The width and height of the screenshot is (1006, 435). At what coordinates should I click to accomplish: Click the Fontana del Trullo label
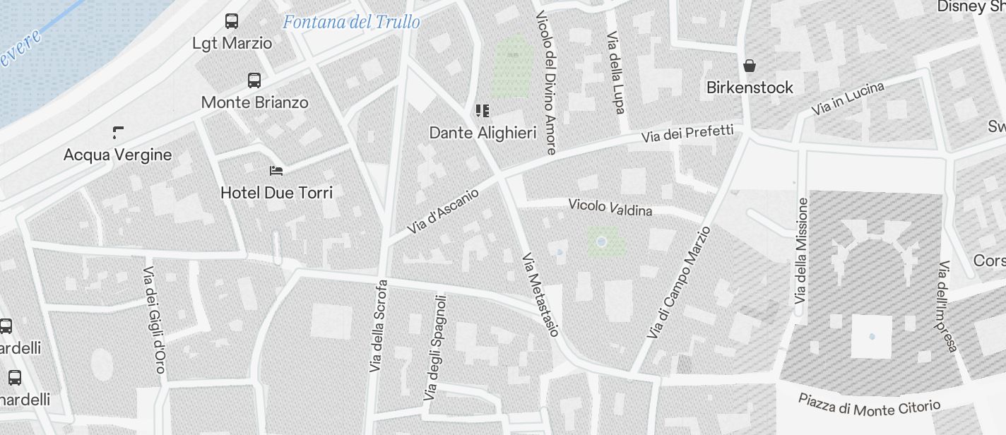coord(351,22)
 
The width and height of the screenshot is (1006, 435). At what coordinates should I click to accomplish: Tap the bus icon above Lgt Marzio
coord(232,21)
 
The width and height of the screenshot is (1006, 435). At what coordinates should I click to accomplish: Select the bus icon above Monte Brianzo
coord(254,81)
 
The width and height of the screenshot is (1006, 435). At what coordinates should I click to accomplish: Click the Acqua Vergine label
coord(117,155)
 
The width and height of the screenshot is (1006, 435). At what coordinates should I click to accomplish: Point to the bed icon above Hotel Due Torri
coord(276,171)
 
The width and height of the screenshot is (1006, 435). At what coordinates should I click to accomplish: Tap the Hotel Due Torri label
coord(276,192)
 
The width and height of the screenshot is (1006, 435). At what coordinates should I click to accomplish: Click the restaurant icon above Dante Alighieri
coord(483,110)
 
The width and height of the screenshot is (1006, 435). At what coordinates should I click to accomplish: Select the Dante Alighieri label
coord(483,133)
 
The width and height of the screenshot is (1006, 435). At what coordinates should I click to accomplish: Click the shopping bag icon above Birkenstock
coord(750,66)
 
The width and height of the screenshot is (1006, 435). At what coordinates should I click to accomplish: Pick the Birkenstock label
coord(750,88)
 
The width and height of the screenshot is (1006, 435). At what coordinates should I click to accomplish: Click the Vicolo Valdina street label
coord(610,207)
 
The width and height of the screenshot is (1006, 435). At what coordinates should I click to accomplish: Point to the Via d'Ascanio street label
coord(443,211)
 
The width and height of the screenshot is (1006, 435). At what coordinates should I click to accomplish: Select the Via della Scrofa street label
coord(378,326)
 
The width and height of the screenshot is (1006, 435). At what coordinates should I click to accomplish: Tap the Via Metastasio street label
coord(540,294)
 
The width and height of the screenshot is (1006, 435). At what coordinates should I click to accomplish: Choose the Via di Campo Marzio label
coord(678,282)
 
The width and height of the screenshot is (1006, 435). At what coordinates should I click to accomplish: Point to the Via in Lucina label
coord(847,99)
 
